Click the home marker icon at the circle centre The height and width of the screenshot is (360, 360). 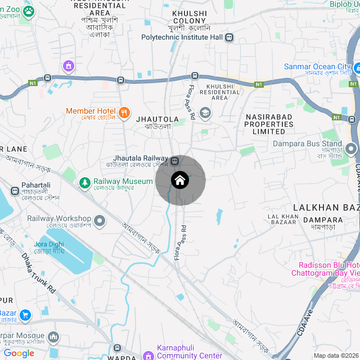(179, 181)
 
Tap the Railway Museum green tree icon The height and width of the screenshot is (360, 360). (84, 182)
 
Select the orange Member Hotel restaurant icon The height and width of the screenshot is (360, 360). (124, 111)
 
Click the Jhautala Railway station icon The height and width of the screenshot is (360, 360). (174, 161)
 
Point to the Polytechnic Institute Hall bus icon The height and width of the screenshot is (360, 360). (229, 37)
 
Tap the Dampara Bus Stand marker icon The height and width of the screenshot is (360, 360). (352, 150)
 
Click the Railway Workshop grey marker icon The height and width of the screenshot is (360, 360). (100, 219)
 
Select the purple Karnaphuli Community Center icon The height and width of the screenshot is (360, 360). (148, 355)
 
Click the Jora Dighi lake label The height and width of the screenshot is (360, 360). (49, 247)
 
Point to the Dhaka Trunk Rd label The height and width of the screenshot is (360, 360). (39, 273)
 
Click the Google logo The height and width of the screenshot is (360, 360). (19, 353)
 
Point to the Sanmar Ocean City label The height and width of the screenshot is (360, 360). (318, 67)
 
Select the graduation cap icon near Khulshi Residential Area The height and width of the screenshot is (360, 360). (205, 113)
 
